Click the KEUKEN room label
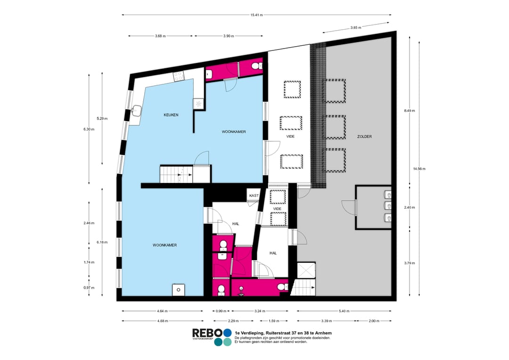(171, 115)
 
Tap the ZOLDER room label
(364, 137)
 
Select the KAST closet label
(254, 196)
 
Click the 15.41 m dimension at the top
(256, 15)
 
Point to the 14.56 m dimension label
(419, 169)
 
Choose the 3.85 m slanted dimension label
(355, 28)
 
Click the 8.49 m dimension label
(410, 111)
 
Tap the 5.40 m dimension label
(344, 311)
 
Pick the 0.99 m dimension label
(221, 311)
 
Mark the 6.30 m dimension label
(89, 129)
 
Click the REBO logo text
(207, 333)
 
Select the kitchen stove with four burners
(179, 77)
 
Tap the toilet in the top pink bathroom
(256, 66)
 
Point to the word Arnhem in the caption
(324, 333)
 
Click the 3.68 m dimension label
(160, 36)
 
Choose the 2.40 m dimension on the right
(410, 207)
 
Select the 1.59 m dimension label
(274, 321)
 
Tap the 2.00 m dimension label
(374, 321)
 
